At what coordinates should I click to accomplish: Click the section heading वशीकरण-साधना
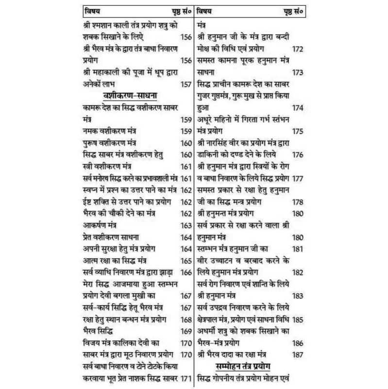point(132,95)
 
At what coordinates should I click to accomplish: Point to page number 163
point(186,226)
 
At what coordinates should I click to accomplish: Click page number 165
point(186,261)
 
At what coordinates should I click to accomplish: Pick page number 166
point(186,272)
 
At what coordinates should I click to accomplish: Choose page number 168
point(186,319)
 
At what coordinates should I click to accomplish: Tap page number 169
point(186,332)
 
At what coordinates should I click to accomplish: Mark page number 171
point(186,378)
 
